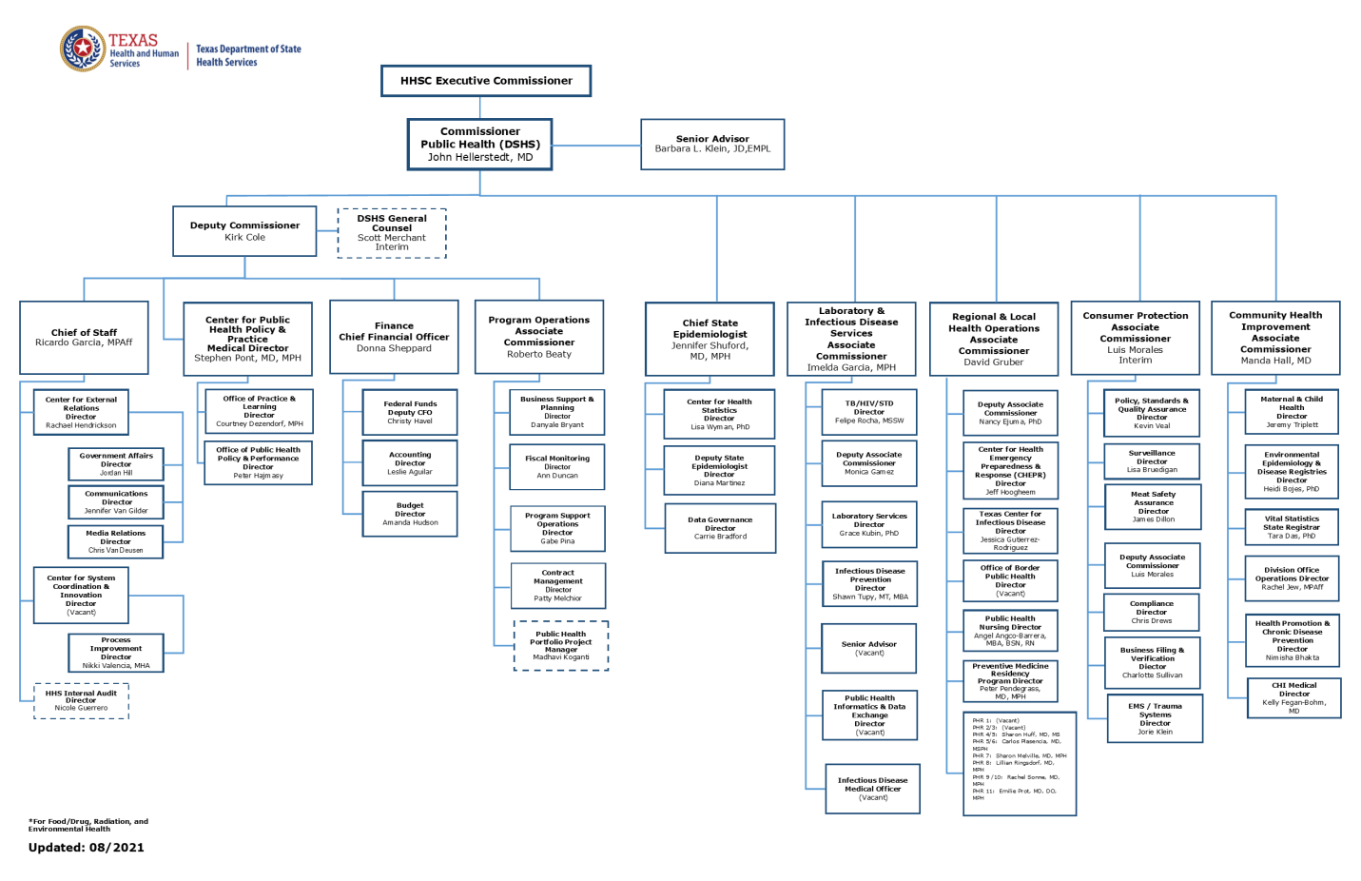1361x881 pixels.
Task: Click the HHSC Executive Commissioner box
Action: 486,81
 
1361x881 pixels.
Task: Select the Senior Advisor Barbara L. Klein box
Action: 712,145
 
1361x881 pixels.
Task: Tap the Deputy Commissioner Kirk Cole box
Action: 244,231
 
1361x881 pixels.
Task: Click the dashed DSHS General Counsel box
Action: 392,233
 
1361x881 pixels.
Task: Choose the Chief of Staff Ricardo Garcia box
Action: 84,338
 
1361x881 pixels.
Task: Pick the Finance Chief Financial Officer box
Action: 394,337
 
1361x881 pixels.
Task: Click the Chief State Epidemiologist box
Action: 710,340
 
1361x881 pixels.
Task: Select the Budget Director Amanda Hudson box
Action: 410,514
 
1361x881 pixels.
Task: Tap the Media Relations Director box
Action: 116,541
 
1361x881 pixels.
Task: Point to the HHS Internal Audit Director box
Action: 81,700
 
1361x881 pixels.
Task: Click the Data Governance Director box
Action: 720,528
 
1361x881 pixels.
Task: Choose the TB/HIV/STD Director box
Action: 869,412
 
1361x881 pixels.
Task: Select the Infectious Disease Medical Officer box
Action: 872,789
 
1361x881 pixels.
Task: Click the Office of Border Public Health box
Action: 1010,580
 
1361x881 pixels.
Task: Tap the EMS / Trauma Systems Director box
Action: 1156,719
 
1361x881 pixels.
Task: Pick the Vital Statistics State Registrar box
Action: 1292,527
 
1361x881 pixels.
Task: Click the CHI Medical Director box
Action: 1293,697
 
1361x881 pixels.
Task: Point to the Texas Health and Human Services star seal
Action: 83,49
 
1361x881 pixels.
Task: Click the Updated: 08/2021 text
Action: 87,848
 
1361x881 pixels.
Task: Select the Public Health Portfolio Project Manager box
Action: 561,645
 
